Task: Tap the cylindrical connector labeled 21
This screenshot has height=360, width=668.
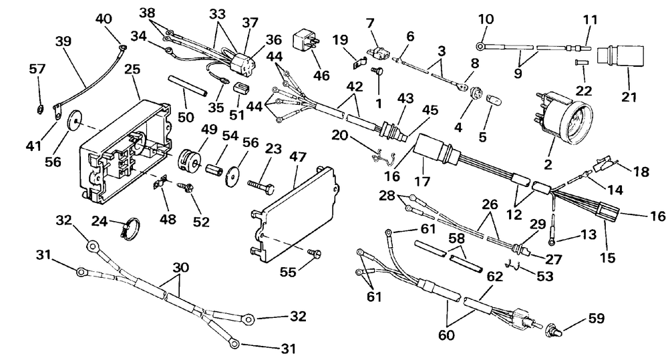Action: click(x=621, y=58)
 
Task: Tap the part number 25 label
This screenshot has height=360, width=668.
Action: click(x=132, y=69)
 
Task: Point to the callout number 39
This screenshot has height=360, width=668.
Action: click(x=63, y=41)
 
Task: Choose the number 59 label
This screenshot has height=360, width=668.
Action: click(x=596, y=318)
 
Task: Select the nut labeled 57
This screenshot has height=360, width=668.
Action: click(x=38, y=110)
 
